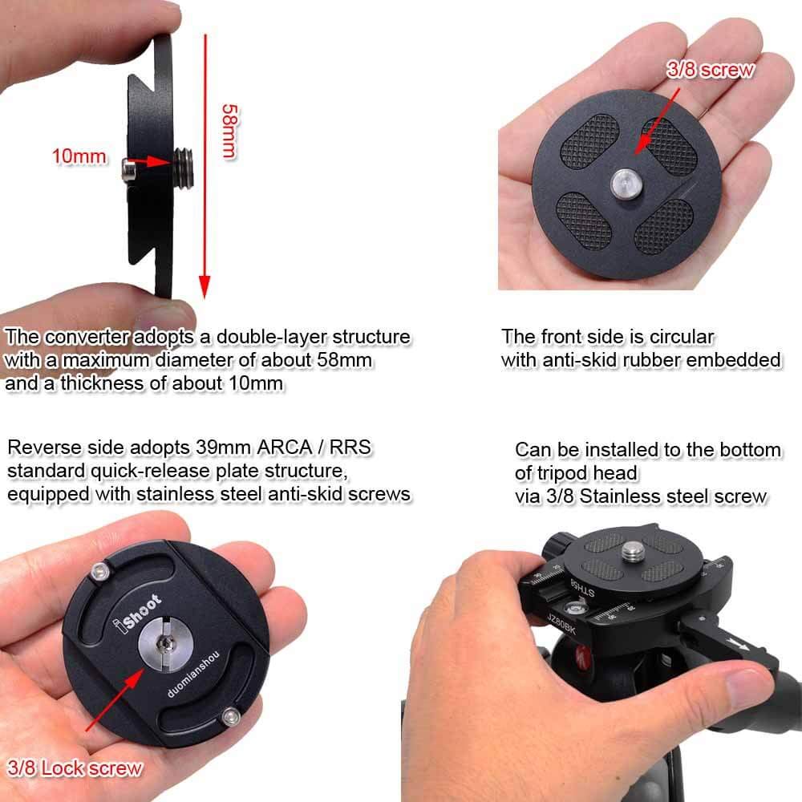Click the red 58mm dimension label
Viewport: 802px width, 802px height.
(x=230, y=129)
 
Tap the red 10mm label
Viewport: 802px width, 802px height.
(x=79, y=156)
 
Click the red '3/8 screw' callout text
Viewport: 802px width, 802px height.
(x=711, y=70)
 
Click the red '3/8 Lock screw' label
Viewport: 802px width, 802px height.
(x=74, y=768)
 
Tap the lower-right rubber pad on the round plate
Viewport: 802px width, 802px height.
(x=662, y=225)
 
